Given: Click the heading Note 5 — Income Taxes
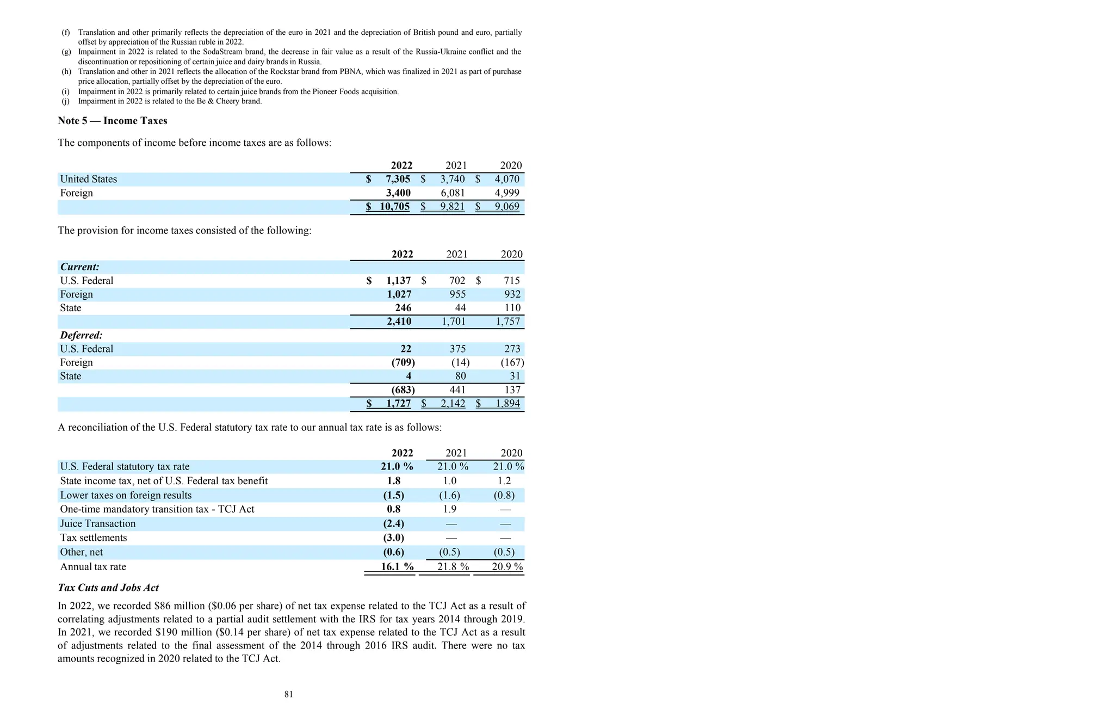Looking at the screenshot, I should (x=113, y=121).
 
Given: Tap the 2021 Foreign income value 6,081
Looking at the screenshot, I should (x=453, y=193).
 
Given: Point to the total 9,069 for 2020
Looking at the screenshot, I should (x=507, y=207).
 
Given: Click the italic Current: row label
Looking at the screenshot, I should (x=79, y=267).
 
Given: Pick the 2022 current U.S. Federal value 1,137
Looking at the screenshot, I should (x=399, y=281).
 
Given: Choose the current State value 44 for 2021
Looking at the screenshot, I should (x=460, y=308).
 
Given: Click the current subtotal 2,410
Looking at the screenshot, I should (x=399, y=322).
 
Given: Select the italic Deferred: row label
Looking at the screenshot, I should (x=81, y=335).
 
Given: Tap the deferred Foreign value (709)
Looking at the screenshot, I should (x=403, y=362).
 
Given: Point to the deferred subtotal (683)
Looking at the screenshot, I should (x=403, y=390).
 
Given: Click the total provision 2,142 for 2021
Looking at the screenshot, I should (x=453, y=404).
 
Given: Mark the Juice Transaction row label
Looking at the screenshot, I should (x=98, y=523).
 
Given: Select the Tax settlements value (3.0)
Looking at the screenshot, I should (x=394, y=538).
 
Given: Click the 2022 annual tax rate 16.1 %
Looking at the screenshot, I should (x=397, y=566).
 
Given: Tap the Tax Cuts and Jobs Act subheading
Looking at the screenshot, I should (x=108, y=588).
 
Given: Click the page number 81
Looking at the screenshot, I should (x=289, y=694).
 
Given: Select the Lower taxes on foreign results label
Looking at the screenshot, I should (x=126, y=495).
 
